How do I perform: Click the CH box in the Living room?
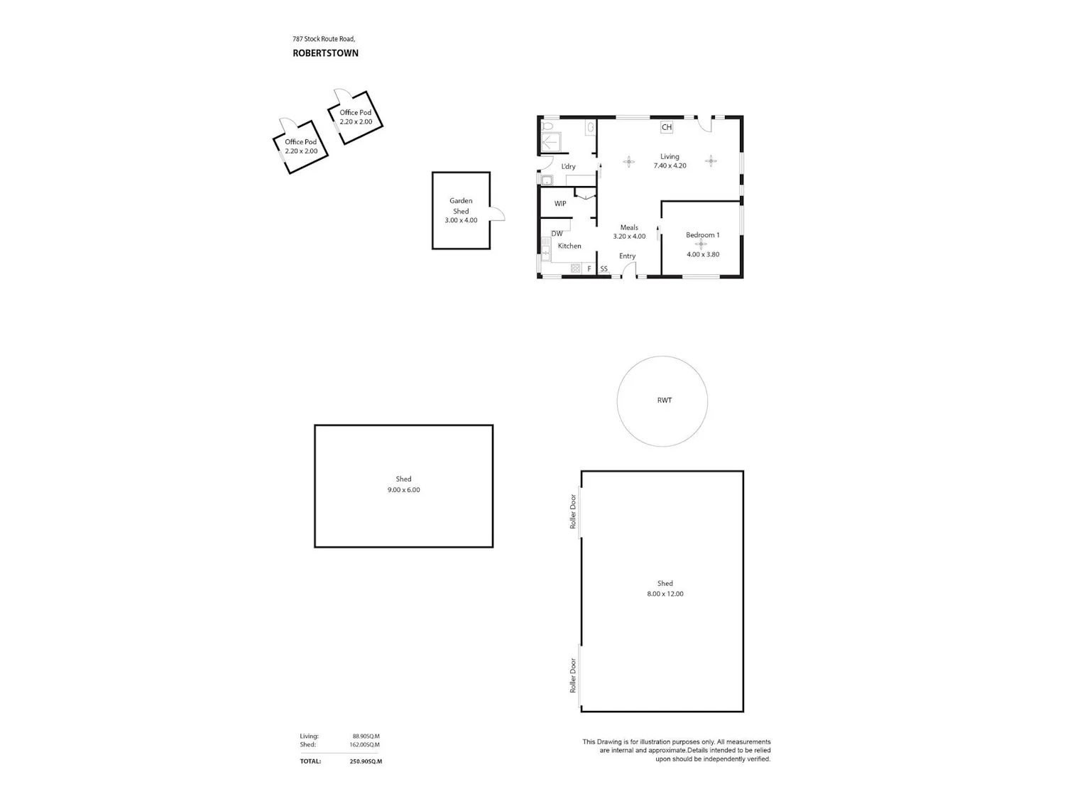[666, 127]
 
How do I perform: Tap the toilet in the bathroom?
[547, 126]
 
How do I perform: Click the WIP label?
[560, 204]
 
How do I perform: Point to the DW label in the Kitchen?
[557, 234]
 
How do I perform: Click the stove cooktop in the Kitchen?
[575, 268]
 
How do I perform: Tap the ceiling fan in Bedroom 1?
[701, 244]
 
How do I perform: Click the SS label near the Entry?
[604, 268]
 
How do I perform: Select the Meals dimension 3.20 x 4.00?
[629, 237]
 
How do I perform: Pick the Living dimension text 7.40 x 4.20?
[670, 166]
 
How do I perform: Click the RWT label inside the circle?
[665, 401]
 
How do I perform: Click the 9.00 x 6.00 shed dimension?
[404, 490]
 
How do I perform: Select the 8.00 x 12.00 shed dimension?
[665, 594]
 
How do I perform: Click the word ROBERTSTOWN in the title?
[326, 53]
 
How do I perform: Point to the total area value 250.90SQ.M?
[366, 761]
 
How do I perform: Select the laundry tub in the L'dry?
[547, 180]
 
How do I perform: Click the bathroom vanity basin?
[591, 128]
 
